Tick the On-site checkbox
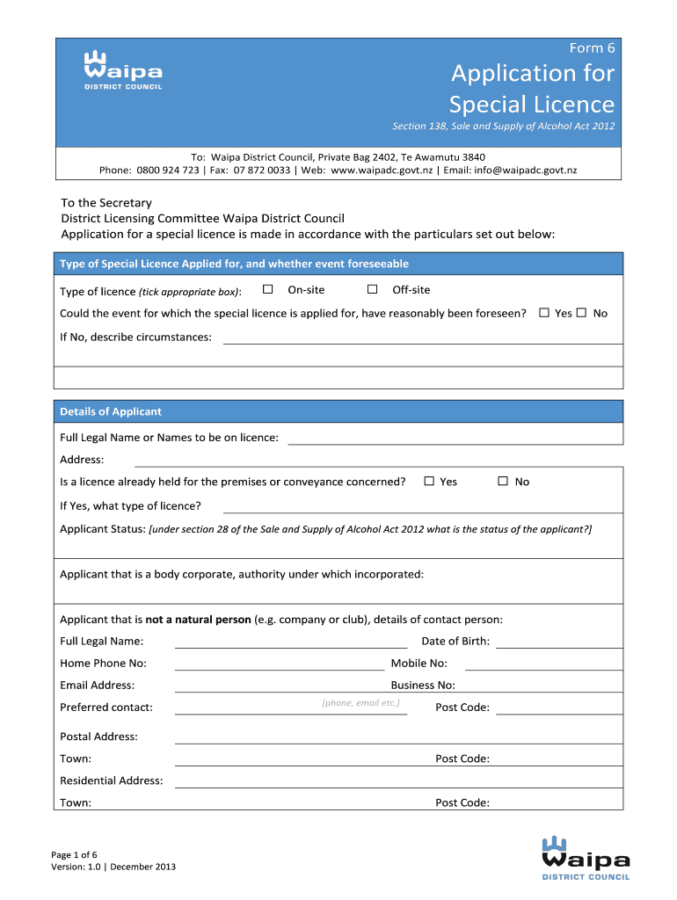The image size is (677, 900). tap(268, 289)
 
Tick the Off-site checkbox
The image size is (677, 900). tap(372, 289)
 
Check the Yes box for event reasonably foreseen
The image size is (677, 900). tap(544, 313)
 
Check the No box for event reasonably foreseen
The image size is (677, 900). tap(581, 313)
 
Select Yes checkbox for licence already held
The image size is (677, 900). tap(429, 481)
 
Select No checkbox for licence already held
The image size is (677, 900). tap(503, 481)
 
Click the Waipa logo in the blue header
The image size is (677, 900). tap(122, 69)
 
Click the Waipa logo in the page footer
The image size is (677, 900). tap(586, 858)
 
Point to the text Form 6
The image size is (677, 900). tap(593, 48)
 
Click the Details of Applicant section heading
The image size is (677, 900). tap(111, 411)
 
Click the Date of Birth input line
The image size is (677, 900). tap(558, 645)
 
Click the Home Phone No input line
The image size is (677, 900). tap(280, 667)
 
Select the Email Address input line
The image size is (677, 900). tap(280, 689)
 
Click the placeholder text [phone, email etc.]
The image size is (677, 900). tap(360, 703)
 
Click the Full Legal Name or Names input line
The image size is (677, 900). tap(455, 442)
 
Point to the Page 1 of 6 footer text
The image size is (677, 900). tap(74, 854)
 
